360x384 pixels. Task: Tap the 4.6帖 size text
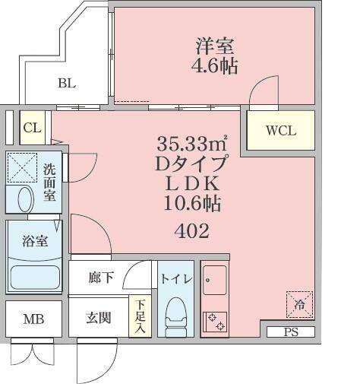[x=213, y=66]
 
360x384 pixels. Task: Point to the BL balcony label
[x=67, y=84]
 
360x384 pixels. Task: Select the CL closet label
[x=32, y=127]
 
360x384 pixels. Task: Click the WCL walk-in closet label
[x=279, y=130]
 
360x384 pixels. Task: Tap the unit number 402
[x=191, y=230]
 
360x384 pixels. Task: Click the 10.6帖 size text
[x=192, y=204]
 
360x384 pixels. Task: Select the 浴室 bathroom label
[x=34, y=242]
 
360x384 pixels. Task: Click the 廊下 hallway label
[x=100, y=278]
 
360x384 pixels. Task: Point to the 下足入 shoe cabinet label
[x=140, y=316]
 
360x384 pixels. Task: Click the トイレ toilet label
[x=175, y=279]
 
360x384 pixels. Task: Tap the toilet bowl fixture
[x=175, y=313]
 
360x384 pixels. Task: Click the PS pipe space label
[x=290, y=332]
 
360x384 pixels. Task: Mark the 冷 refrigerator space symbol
[x=298, y=304]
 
